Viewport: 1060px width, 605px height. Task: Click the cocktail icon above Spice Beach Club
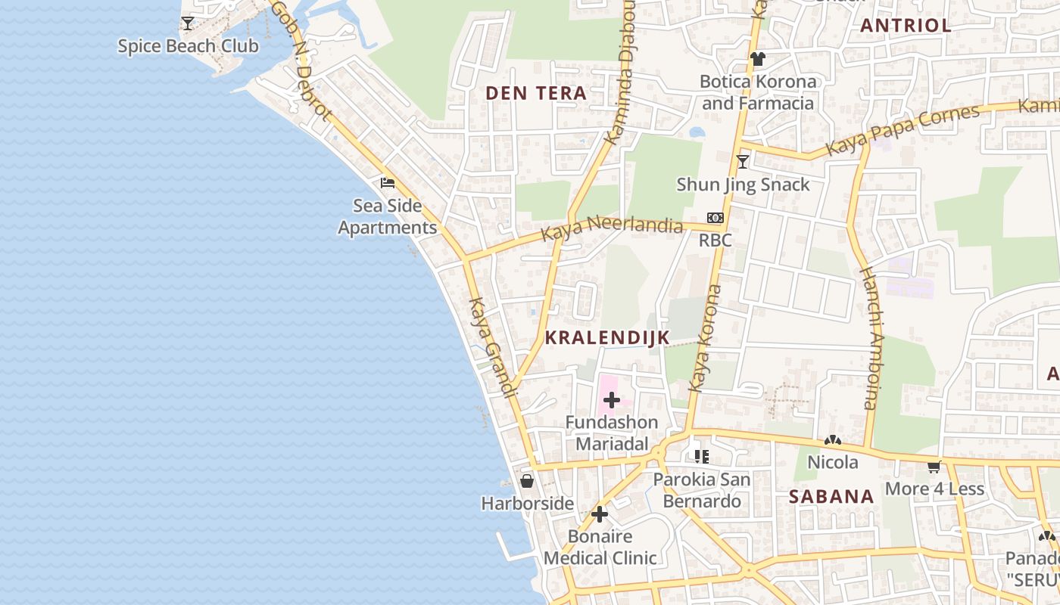(x=188, y=23)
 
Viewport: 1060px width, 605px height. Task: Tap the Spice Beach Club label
(x=188, y=46)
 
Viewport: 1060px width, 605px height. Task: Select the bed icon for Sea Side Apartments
(x=388, y=183)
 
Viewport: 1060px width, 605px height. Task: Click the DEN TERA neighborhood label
(x=536, y=93)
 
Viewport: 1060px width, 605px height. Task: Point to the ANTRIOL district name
(x=906, y=25)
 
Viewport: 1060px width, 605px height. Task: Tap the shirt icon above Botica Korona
(x=757, y=59)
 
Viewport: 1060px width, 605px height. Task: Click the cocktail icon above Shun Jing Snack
(x=743, y=162)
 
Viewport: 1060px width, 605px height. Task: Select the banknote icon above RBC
(x=715, y=218)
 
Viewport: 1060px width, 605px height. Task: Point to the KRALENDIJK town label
(x=607, y=338)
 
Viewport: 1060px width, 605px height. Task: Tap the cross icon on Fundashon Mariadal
(x=612, y=400)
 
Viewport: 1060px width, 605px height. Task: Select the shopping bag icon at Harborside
(x=527, y=481)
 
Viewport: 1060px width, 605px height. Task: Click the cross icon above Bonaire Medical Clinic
(x=600, y=515)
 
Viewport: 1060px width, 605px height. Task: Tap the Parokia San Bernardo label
(x=702, y=490)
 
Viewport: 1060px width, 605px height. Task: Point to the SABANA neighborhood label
(x=831, y=497)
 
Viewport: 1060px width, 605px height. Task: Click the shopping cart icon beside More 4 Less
(x=934, y=467)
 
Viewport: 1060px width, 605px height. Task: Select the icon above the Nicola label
(x=833, y=440)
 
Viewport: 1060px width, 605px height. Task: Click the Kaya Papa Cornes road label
(x=903, y=131)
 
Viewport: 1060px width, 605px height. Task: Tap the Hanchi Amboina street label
(x=872, y=338)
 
